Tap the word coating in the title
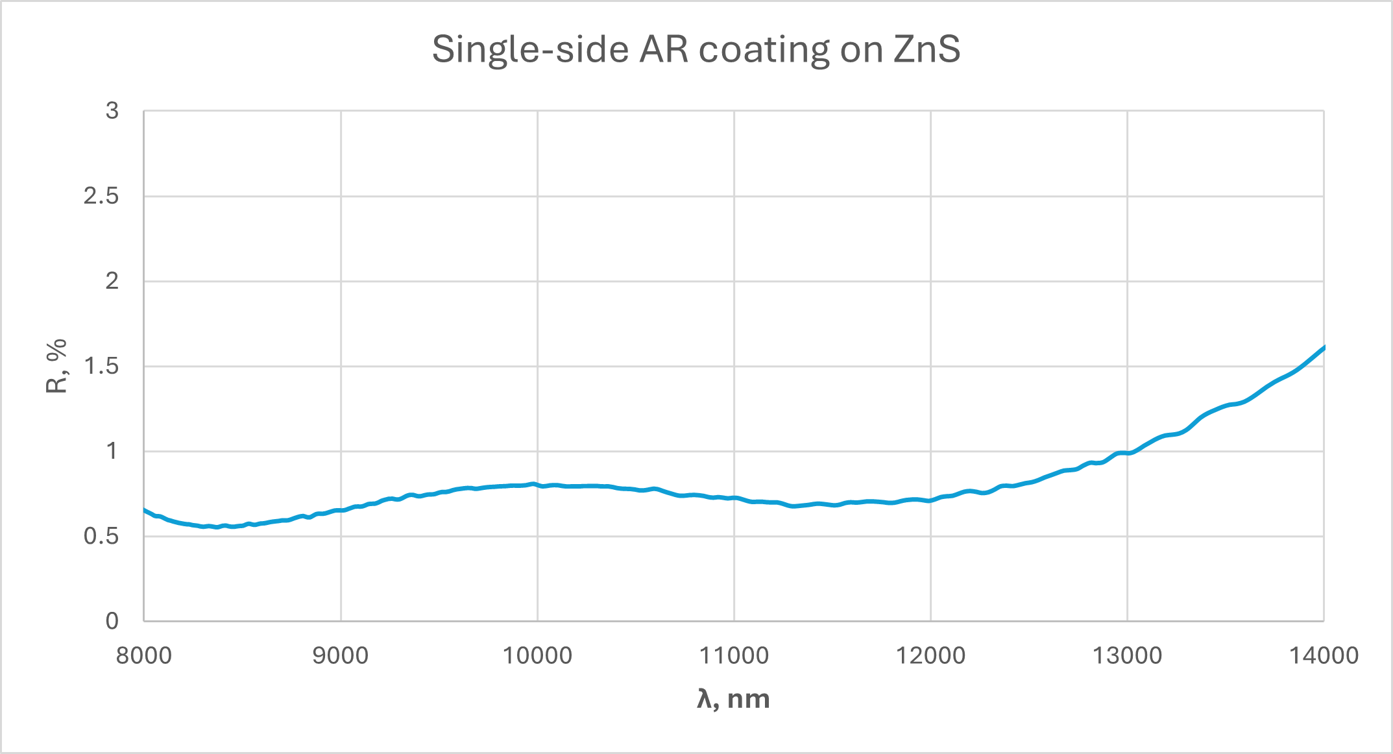(764, 49)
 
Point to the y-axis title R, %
(57, 366)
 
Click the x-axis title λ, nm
(733, 699)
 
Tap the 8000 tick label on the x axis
(144, 655)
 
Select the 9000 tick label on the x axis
(341, 655)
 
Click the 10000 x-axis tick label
(537, 655)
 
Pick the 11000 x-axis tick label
(734, 655)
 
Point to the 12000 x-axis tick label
(930, 655)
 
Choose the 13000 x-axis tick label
(1127, 655)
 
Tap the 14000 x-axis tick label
(1324, 655)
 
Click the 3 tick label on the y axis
(112, 111)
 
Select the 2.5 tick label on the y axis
(101, 196)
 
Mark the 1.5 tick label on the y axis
(101, 366)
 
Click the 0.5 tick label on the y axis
(101, 536)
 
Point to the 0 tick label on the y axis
(112, 621)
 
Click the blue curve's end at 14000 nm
(1323, 348)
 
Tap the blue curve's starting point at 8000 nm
(145, 510)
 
